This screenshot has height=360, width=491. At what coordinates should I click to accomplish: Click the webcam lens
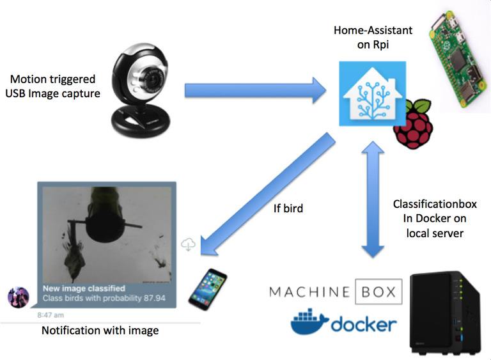[x=153, y=82]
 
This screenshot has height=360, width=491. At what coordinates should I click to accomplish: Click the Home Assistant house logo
[x=372, y=94]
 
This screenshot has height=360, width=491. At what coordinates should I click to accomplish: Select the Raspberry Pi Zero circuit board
[x=456, y=61]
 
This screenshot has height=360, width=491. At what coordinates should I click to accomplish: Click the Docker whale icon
[x=310, y=322]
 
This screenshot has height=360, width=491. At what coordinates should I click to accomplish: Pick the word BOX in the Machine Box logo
[x=378, y=292]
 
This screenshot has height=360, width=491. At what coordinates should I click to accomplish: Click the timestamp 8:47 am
[x=51, y=315]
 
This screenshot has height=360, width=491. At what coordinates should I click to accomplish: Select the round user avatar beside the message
[x=18, y=297]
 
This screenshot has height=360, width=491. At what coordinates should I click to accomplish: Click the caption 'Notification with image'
[x=100, y=331]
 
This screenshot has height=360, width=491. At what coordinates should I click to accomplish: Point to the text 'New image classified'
[x=84, y=288]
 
